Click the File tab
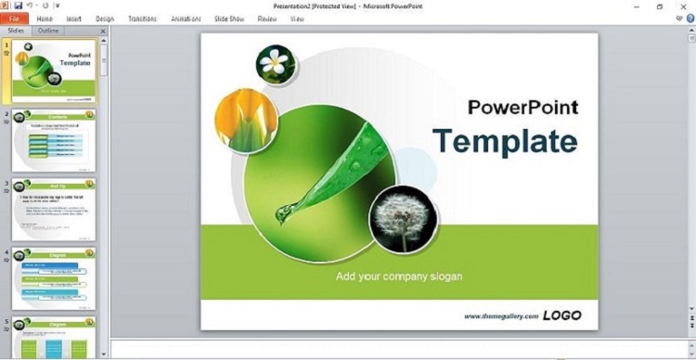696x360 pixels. [14, 19]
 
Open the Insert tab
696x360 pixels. [74, 19]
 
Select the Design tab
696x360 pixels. [105, 19]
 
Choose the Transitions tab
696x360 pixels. [142, 19]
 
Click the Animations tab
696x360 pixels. [186, 19]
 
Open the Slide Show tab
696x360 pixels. [229, 19]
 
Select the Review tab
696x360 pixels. [267, 19]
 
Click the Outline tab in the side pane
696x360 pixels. [47, 31]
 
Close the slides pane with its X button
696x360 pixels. [103, 31]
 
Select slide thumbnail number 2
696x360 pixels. [54, 141]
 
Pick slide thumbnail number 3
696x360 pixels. [54, 210]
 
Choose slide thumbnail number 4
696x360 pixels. [54, 278]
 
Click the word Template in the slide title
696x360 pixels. [505, 141]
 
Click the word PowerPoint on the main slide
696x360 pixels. [522, 107]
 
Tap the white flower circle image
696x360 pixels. [275, 63]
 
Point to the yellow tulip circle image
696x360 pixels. [246, 120]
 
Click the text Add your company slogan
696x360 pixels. [399, 276]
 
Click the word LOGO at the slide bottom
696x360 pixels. [562, 315]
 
